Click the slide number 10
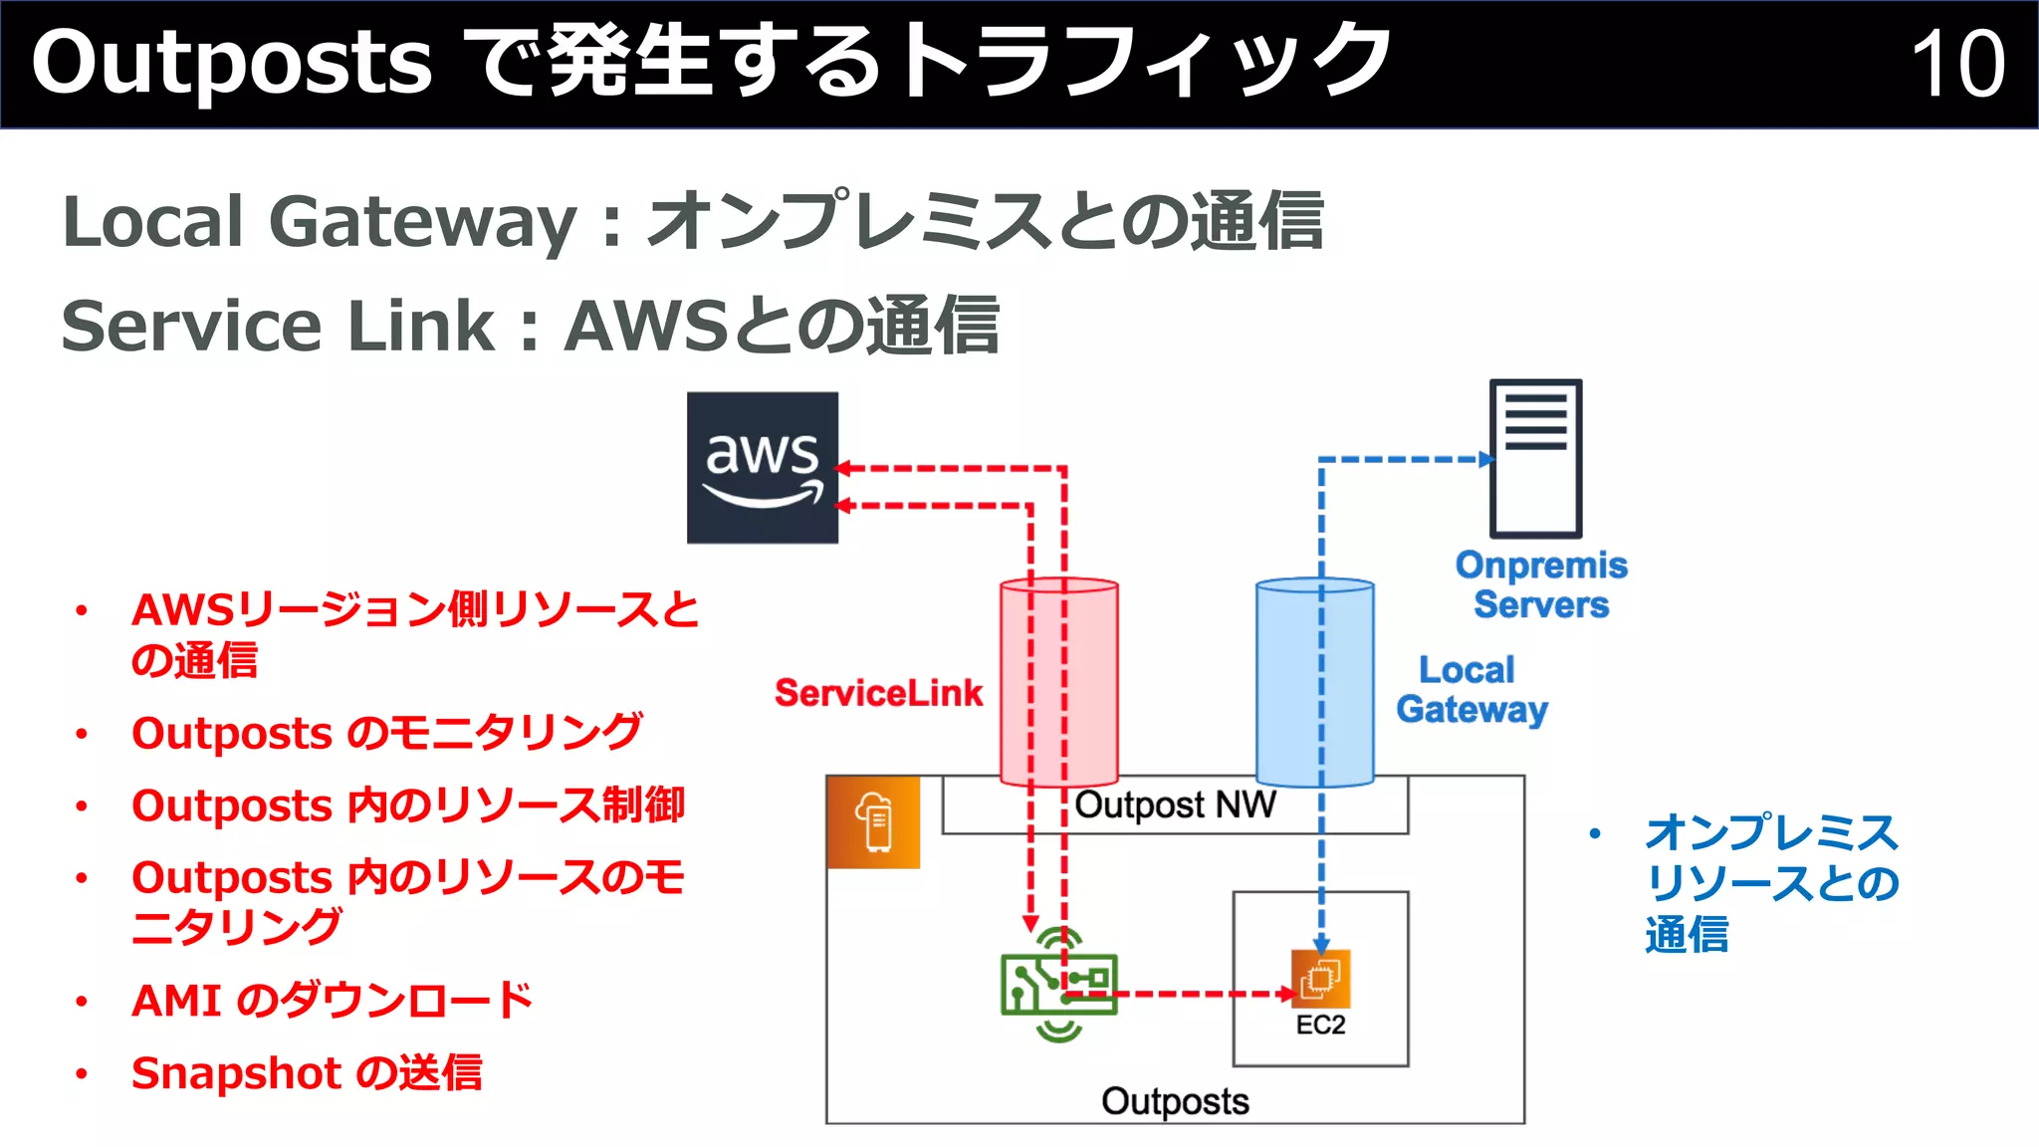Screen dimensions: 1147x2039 [1957, 64]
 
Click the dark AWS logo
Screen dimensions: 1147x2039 [763, 467]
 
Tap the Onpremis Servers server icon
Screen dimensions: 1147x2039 [1535, 458]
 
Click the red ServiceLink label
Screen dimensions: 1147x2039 [878, 693]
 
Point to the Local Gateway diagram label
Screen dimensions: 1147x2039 [1471, 690]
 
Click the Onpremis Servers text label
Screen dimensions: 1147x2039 [1540, 584]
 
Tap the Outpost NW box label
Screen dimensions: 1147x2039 [1175, 804]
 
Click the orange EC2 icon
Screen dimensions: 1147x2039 [1321, 979]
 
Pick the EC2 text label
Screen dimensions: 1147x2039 [1320, 1026]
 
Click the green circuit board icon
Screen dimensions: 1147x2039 [1058, 985]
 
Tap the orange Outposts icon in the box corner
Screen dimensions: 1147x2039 [873, 822]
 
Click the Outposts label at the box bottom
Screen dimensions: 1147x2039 [1175, 1101]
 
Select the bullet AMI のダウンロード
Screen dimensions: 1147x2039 [332, 1000]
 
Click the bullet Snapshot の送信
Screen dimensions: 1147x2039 [307, 1072]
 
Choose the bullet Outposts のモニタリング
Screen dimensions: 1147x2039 [386, 733]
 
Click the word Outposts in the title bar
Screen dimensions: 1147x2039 [232, 64]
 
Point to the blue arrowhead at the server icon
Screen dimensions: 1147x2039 [1487, 459]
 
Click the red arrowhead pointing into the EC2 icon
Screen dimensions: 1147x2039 [1287, 994]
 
